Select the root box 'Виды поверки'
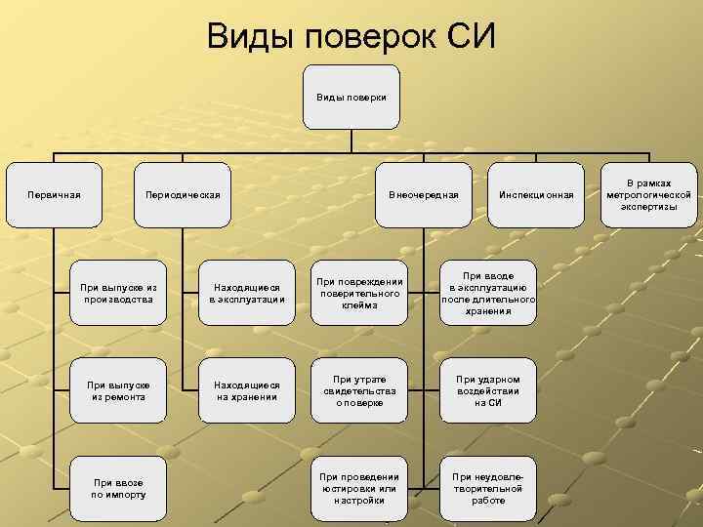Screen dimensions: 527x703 click(x=351, y=98)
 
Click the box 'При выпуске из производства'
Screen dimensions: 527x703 click(x=119, y=293)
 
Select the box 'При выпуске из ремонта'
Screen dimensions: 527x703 click(x=119, y=390)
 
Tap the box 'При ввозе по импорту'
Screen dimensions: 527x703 click(x=119, y=488)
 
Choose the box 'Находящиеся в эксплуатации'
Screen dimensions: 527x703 click(x=246, y=293)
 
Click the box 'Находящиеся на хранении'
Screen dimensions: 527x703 click(x=246, y=390)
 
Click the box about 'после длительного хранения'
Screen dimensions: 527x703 click(x=488, y=293)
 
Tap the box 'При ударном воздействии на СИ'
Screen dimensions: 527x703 click(x=488, y=390)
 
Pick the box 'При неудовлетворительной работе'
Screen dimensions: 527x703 click(x=488, y=488)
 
